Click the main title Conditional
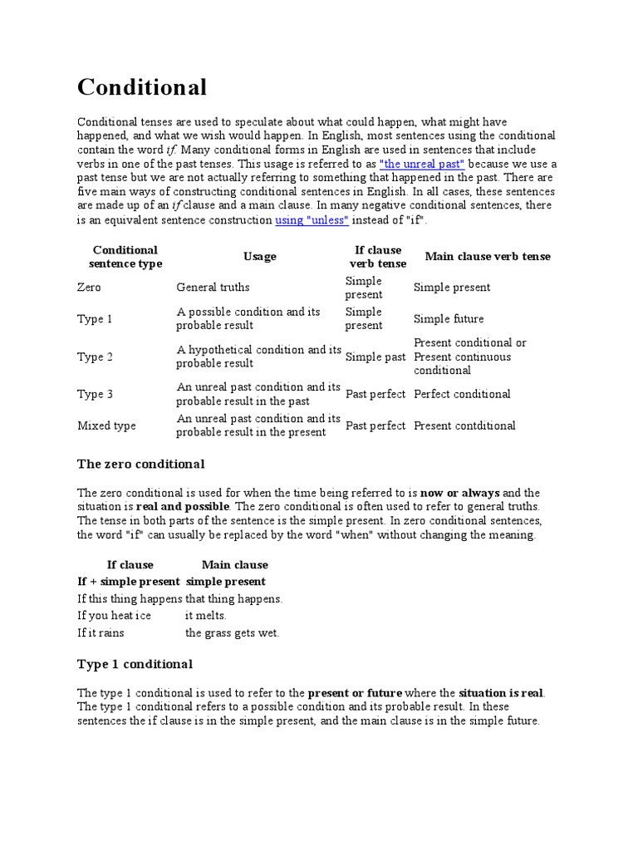click(142, 86)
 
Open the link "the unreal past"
click(421, 164)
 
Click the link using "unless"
click(312, 220)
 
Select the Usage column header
click(259, 257)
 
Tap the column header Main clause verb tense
click(488, 257)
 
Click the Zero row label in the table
click(89, 288)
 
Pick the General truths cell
click(213, 288)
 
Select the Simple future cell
click(449, 319)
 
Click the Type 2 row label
click(96, 357)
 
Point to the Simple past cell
click(375, 357)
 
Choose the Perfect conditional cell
click(462, 394)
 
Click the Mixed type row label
click(106, 425)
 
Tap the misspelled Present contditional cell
click(464, 425)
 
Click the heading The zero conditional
click(140, 464)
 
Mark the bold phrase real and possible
click(182, 506)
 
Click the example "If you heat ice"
click(115, 616)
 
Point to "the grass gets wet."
click(232, 633)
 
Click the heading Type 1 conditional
click(135, 664)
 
